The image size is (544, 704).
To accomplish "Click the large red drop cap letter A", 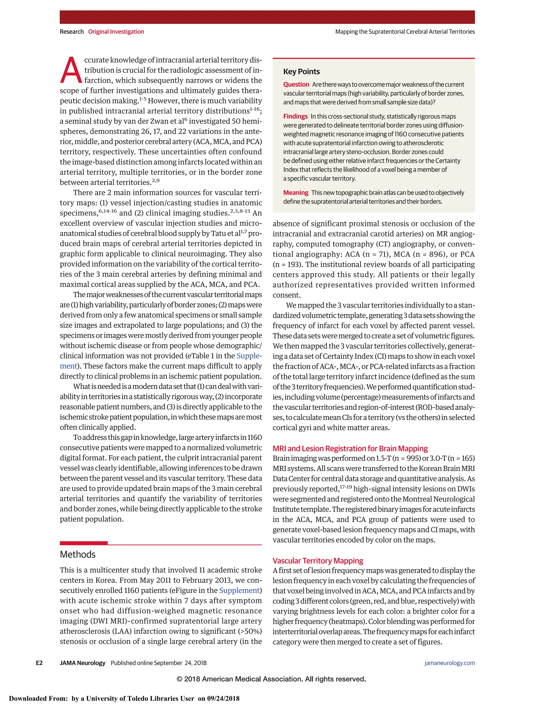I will point(71,71).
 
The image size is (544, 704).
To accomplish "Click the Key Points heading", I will point(301,71).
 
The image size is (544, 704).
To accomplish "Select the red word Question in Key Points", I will point(296,84).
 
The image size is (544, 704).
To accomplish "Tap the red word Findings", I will point(295,116).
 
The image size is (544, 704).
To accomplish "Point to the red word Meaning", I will point(296,193).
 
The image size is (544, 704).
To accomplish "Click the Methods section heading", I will point(78,554).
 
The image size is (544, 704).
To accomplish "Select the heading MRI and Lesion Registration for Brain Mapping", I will point(350,448).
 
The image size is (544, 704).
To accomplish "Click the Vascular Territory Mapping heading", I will point(318,561).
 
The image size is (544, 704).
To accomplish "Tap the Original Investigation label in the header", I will point(116,32).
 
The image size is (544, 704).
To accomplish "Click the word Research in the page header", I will point(71,32).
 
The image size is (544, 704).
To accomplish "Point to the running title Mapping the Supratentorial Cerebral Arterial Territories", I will point(405,32).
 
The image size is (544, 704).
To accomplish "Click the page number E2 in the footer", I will point(39,663).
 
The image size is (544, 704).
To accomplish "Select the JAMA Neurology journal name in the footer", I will point(83,663).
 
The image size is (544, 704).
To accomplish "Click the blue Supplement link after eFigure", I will point(239,591).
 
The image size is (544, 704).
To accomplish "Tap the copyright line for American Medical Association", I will point(271,679).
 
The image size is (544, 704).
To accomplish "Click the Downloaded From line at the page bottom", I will point(124,698).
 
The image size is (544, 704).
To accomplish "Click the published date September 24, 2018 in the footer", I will point(180,663).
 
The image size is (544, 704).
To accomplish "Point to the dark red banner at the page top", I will point(267,17).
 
